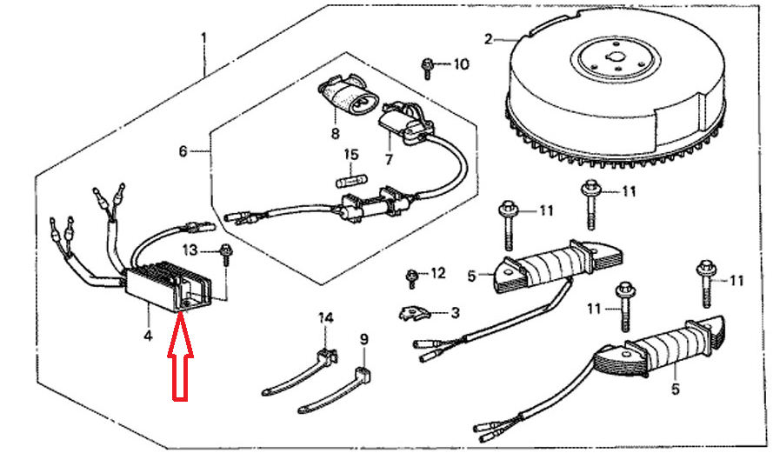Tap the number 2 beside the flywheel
(x=489, y=39)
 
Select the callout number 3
(x=454, y=312)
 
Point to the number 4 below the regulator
(x=148, y=335)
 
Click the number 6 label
(x=183, y=151)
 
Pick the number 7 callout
(x=388, y=160)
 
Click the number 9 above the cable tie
(x=363, y=338)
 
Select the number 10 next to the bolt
(x=461, y=64)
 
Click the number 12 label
(x=437, y=274)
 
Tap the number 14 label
(x=325, y=319)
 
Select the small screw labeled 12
(x=411, y=278)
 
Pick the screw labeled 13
(x=225, y=253)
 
